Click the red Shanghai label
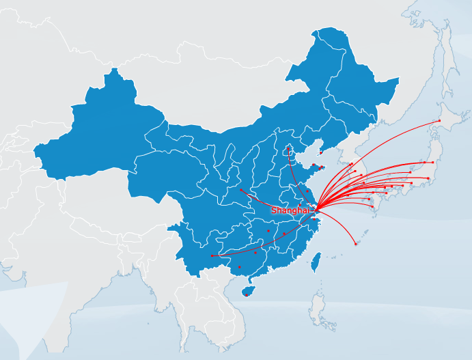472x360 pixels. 290,210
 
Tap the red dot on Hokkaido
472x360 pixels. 439,121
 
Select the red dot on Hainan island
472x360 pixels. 246,294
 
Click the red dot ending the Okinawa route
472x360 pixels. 355,244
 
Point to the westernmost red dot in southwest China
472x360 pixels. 212,256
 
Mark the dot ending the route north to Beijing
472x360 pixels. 288,148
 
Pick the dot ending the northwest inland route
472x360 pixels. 240,189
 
